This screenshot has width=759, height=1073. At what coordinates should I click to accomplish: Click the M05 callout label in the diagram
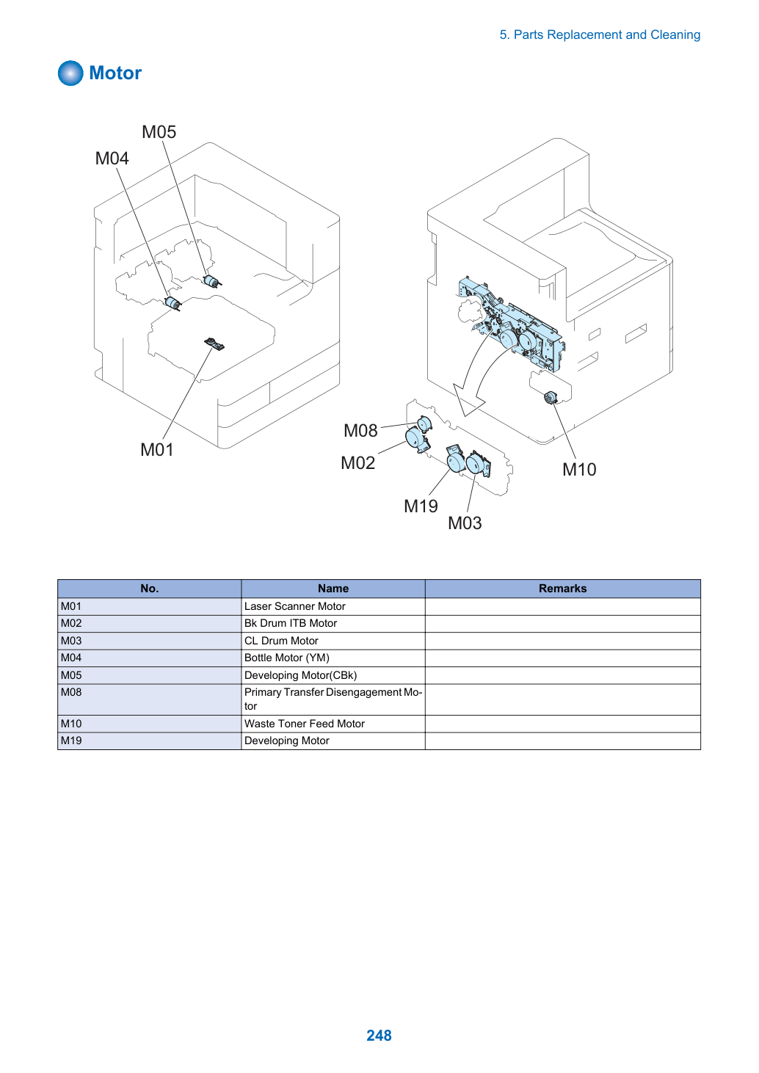pos(159,131)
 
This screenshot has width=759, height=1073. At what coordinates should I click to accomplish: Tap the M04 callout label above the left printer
pos(112,158)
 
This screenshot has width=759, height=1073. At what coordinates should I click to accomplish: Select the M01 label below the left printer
pos(156,450)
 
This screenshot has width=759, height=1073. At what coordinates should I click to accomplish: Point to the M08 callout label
pos(360,431)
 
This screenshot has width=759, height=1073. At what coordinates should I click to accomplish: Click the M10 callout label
pos(579,470)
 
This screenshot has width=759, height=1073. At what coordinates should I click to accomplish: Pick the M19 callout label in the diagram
pos(421,506)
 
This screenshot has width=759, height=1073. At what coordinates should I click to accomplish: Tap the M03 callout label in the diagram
pos(465,523)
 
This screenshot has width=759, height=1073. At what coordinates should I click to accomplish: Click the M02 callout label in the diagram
pos(358,463)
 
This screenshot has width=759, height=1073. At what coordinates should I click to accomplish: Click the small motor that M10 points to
pos(551,398)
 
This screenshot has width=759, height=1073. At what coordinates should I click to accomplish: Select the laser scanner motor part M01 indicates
pos(214,343)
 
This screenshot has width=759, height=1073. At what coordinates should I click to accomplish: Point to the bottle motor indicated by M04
pos(172,303)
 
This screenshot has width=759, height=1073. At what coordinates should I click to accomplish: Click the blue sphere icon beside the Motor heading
pos(70,73)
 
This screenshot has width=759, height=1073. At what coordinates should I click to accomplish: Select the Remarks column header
pos(562,589)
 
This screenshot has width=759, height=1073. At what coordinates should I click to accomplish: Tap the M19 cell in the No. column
pos(150,741)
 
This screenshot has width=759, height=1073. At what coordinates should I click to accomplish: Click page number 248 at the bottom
pos(379,1036)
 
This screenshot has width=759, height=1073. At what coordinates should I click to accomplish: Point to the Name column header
pos(333,589)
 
